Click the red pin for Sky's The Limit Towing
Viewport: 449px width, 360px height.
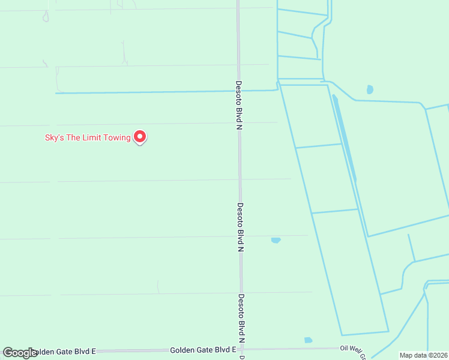coord(140,137)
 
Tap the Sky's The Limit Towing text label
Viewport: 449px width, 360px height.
coord(88,137)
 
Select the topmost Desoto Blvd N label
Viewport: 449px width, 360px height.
coord(238,106)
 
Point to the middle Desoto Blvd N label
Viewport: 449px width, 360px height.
coord(240,227)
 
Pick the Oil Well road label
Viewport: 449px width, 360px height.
coord(352,349)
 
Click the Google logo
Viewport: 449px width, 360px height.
coord(19,353)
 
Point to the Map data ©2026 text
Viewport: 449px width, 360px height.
coord(423,355)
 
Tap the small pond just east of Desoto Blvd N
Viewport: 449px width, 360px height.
coord(276,240)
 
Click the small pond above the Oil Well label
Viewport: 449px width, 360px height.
coord(308,340)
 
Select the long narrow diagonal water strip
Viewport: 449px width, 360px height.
coord(345,138)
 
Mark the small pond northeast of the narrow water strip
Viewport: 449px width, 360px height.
coord(370,89)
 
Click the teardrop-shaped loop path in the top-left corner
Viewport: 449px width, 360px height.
coord(46,16)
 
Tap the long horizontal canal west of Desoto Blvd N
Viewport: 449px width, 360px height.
coord(150,92)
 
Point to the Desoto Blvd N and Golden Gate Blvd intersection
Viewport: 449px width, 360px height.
coord(243,349)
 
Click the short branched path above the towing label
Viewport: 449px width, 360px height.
coord(125,54)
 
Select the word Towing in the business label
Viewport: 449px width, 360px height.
coord(117,137)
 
